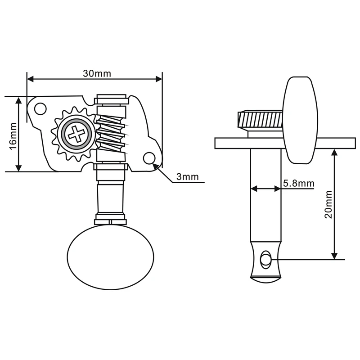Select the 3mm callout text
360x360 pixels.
click(187, 177)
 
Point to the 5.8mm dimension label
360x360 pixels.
click(299, 183)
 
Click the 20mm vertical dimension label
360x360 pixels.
click(328, 204)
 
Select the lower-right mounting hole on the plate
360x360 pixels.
click(149, 158)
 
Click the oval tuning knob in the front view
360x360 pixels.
click(110, 255)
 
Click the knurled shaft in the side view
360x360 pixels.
click(260, 119)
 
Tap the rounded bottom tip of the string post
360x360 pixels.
click(265, 279)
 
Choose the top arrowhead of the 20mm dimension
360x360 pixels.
click(334, 151)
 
